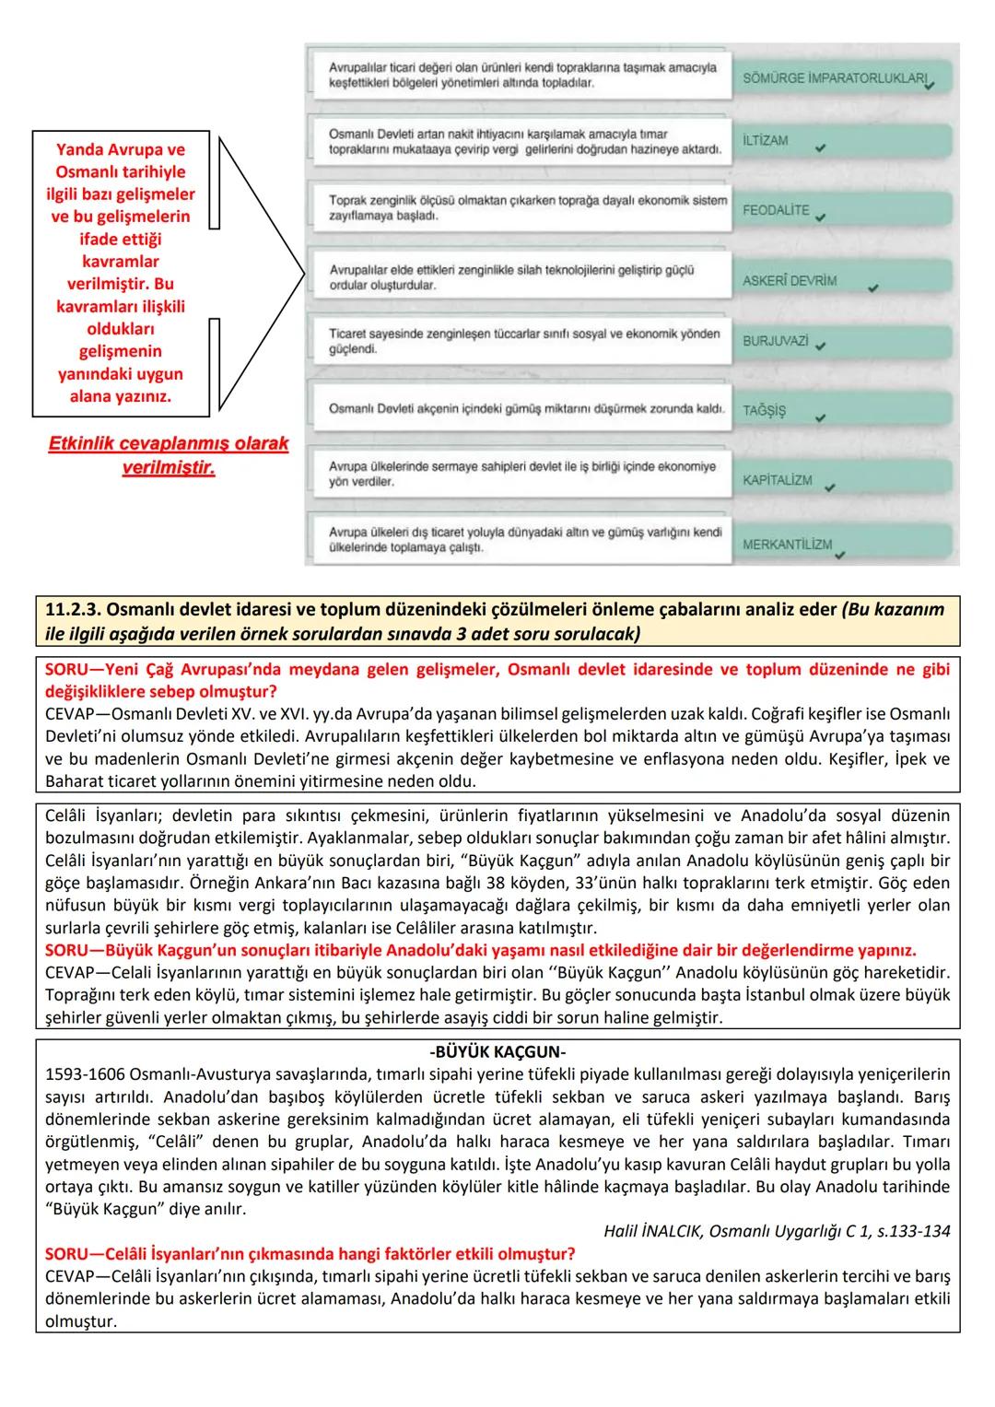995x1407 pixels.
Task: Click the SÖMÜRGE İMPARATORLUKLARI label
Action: (833, 78)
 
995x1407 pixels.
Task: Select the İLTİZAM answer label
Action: (766, 141)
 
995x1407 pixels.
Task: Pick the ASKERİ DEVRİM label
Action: (790, 280)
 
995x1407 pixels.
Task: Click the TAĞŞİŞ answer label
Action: (765, 411)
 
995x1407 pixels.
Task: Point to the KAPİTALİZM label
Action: (778, 480)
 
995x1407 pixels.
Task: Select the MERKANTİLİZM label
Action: (787, 545)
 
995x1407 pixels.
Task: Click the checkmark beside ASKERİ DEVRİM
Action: (873, 287)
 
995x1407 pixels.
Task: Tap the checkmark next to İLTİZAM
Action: (820, 147)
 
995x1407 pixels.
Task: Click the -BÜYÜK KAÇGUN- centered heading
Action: (497, 1052)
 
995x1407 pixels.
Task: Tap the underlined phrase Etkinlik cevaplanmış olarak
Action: (168, 444)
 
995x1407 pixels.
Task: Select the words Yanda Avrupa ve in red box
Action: (121, 150)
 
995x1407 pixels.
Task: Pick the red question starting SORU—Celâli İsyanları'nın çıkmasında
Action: (310, 1254)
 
